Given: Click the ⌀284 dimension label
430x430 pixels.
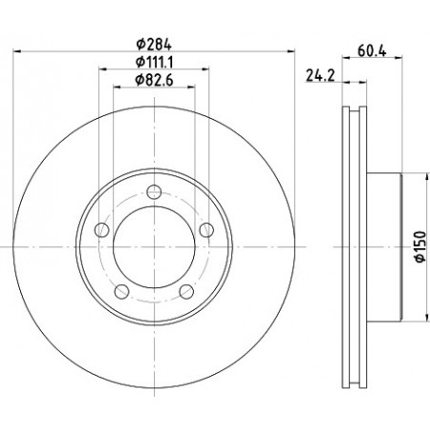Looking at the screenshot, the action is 154,45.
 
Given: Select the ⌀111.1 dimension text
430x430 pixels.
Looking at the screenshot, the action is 154,62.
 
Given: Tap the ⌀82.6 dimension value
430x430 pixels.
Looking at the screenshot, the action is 154,80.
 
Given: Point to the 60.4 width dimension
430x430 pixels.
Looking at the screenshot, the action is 372,50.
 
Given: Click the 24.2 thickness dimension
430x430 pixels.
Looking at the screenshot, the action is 321,75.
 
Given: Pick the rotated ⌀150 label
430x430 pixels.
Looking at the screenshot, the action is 420,246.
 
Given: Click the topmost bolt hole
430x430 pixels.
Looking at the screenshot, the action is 154,192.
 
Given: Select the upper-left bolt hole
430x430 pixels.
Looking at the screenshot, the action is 102,230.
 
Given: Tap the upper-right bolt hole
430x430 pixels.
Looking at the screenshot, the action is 206,230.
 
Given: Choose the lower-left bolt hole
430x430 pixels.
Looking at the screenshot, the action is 122,291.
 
